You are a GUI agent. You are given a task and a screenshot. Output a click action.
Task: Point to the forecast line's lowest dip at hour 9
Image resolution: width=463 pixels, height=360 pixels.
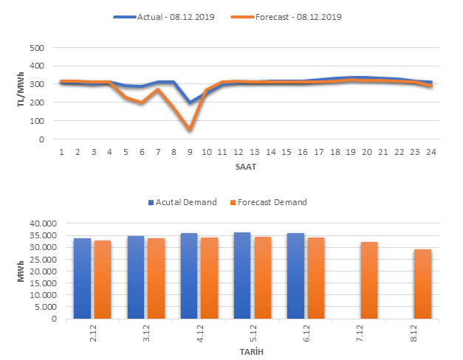[x=190, y=129]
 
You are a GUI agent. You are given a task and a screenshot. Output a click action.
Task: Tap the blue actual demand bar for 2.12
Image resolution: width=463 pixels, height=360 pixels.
[x=82, y=278]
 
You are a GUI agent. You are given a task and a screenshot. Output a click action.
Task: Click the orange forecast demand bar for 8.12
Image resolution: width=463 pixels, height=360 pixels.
[x=422, y=284]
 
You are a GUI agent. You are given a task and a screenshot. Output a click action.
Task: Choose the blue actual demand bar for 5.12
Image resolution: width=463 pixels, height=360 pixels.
[x=242, y=275]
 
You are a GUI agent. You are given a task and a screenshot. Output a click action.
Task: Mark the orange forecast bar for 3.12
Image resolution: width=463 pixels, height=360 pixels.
[x=155, y=278]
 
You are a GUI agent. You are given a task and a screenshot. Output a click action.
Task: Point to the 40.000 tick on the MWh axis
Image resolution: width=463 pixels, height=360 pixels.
[x=43, y=223]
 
